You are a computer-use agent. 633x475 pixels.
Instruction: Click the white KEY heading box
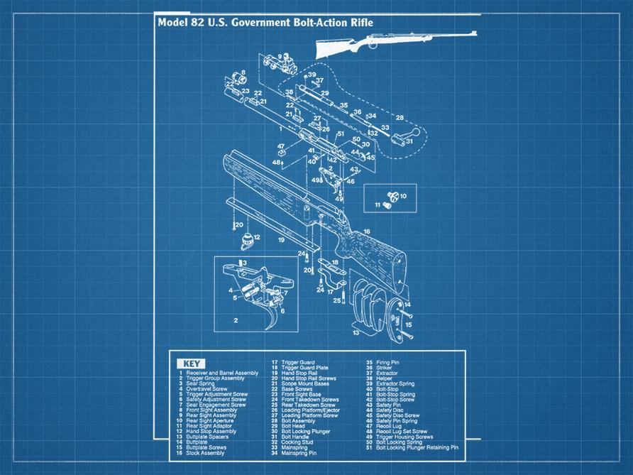tap(191, 364)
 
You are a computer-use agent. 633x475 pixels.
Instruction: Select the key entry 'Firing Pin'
tap(387, 362)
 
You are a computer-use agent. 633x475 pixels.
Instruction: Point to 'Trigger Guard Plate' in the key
tap(304, 367)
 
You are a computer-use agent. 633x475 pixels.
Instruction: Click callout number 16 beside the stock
tap(367, 232)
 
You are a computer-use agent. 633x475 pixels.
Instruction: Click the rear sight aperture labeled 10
tap(392, 195)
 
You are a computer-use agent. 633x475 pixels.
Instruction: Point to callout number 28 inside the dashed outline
tap(400, 117)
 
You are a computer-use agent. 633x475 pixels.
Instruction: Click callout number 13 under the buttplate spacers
tap(356, 332)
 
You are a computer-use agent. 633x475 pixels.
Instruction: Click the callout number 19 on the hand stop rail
tap(281, 240)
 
